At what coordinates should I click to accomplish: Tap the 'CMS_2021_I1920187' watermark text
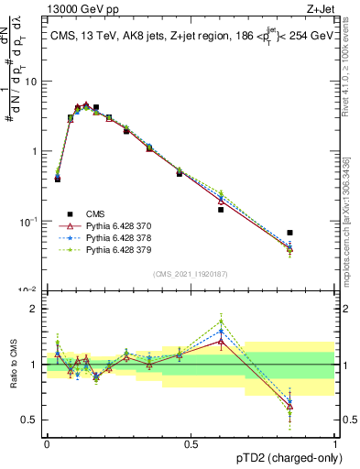pyautogui.click(x=190, y=273)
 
